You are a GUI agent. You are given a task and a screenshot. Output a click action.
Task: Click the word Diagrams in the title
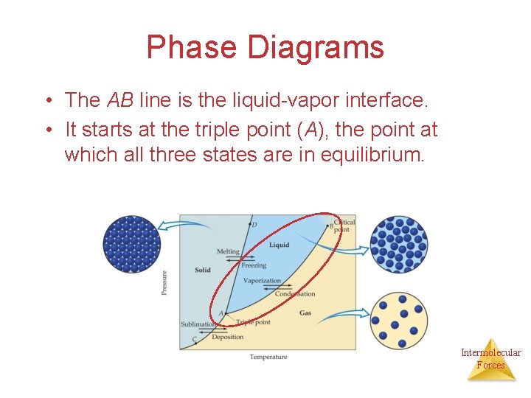click(316, 47)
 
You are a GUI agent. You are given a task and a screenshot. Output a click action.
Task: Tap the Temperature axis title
click(268, 357)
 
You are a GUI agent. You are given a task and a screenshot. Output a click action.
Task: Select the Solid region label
click(202, 270)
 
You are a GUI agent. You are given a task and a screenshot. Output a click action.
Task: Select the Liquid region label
click(279, 245)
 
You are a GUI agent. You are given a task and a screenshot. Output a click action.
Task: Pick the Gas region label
click(305, 313)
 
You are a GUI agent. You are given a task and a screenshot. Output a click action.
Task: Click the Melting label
click(228, 251)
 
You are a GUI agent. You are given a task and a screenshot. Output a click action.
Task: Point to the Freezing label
click(254, 265)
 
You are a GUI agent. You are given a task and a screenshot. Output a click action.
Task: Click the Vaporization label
click(262, 281)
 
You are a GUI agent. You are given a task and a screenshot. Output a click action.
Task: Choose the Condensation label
click(294, 294)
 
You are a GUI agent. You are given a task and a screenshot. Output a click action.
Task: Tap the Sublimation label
click(198, 324)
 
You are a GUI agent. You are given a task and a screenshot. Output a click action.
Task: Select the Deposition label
click(227, 337)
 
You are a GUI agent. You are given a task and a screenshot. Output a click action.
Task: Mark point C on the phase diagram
click(195, 340)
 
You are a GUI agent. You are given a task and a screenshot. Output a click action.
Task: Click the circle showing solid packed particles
click(132, 244)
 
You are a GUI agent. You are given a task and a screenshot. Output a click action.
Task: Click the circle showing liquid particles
click(398, 245)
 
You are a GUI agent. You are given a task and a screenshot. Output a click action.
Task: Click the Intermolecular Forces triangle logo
click(490, 360)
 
